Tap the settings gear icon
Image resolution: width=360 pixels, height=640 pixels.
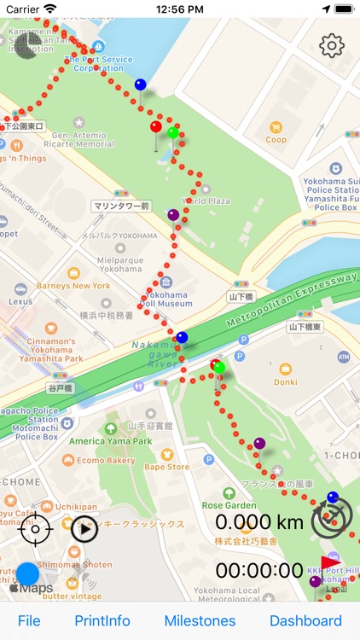tap(331, 45)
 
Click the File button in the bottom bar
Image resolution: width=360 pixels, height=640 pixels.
tap(29, 620)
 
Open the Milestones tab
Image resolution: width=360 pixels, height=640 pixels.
tap(200, 620)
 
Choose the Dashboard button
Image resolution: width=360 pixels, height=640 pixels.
tap(305, 620)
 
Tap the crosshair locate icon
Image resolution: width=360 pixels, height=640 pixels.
tap(35, 529)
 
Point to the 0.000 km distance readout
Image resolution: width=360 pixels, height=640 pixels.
tap(258, 521)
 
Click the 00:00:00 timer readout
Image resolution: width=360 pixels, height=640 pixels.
tap(258, 570)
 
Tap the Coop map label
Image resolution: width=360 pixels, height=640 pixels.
tap(276, 139)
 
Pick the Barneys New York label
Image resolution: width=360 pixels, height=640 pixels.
tap(73, 285)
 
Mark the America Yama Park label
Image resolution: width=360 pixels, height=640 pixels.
tap(111, 440)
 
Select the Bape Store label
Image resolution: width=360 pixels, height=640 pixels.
tap(166, 467)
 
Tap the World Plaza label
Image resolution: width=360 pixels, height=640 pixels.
tap(206, 201)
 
